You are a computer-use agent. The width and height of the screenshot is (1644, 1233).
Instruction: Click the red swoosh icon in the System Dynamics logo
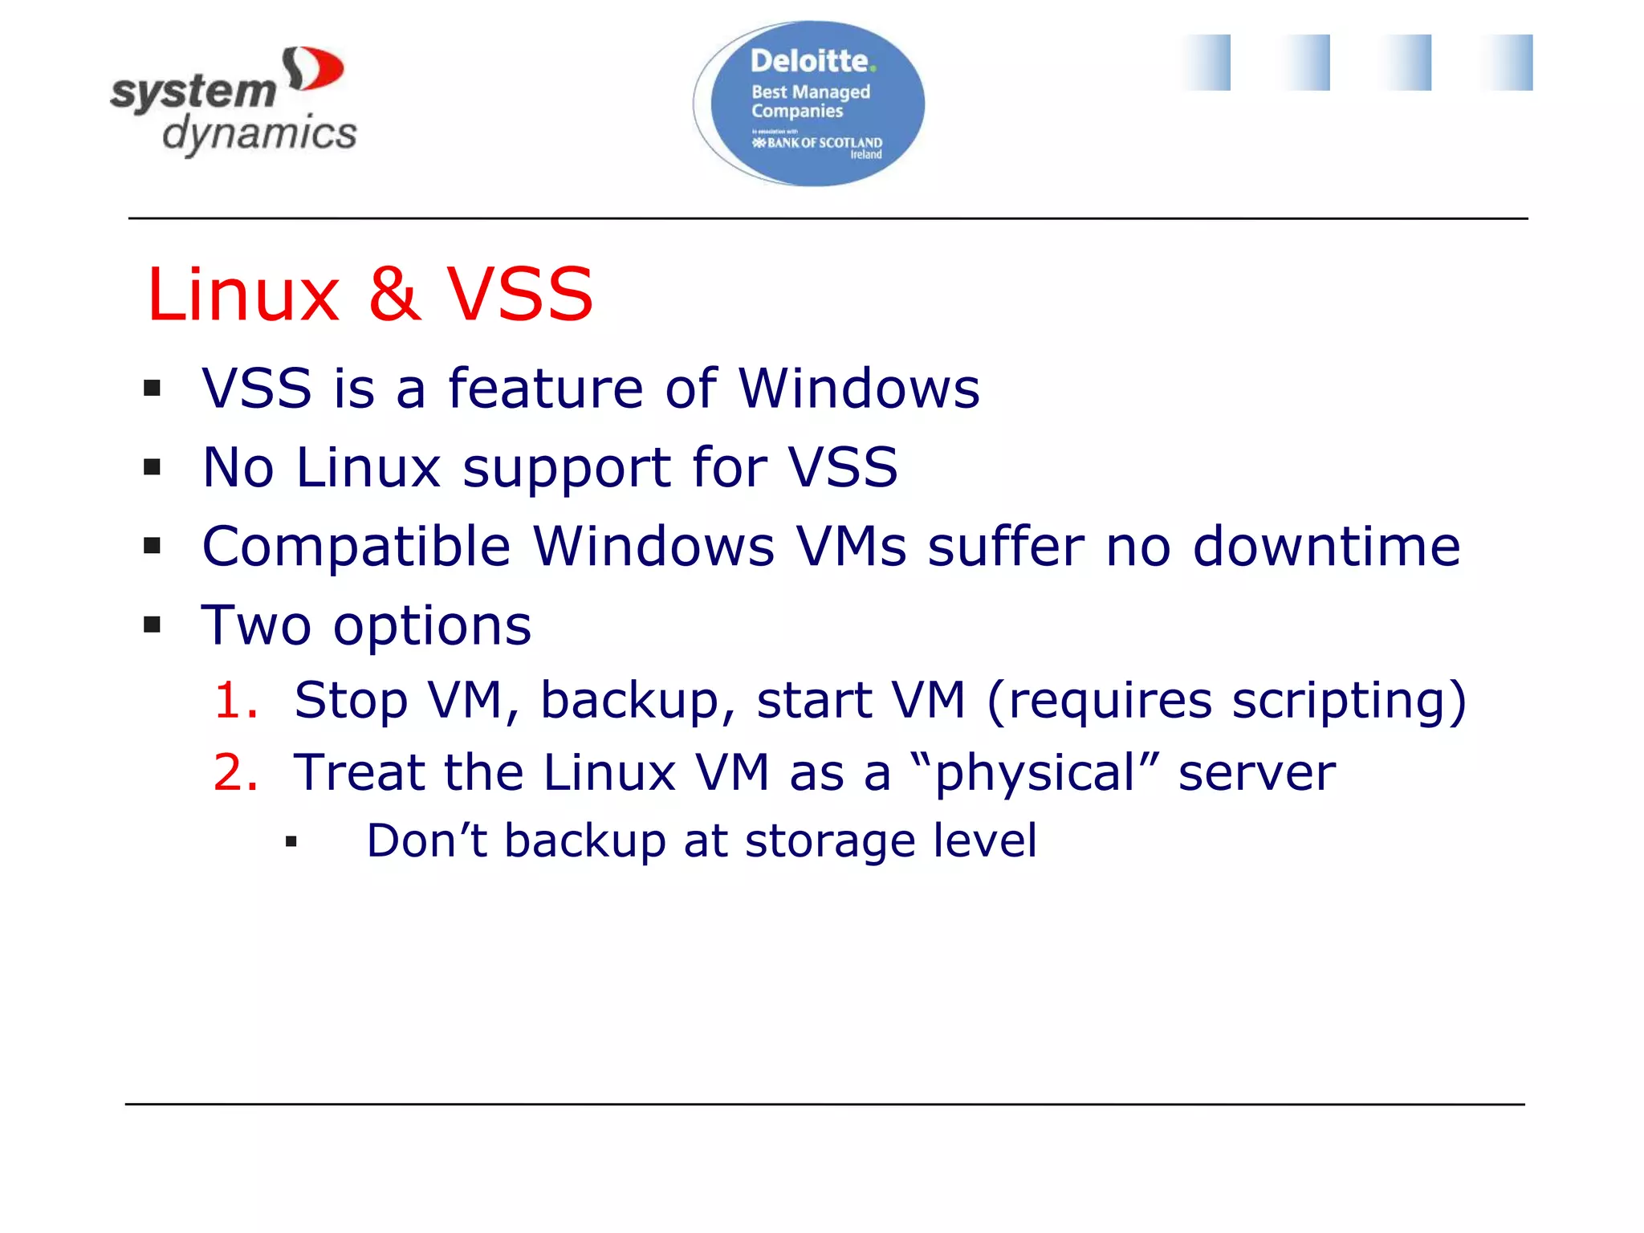pos(315,69)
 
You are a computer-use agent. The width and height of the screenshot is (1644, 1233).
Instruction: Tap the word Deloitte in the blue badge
pos(809,61)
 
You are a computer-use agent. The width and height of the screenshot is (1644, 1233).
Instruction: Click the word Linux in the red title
pos(243,294)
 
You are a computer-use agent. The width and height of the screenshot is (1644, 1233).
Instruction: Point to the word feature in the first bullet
pos(546,389)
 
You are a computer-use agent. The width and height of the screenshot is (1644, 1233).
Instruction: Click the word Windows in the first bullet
pos(858,389)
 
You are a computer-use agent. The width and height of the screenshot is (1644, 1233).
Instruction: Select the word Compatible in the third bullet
pos(356,547)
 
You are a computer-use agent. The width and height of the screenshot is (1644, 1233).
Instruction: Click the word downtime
pos(1326,547)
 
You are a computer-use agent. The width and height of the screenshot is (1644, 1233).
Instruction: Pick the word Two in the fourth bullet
pos(255,625)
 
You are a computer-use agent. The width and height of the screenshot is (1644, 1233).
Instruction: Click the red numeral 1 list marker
pos(235,700)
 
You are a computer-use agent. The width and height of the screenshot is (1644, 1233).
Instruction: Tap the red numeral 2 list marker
pos(235,772)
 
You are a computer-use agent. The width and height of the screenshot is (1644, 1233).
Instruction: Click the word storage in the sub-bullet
pos(829,841)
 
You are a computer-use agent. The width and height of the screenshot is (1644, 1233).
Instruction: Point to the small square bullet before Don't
pos(291,842)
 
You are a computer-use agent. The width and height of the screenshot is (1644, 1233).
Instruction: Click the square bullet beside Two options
pos(153,625)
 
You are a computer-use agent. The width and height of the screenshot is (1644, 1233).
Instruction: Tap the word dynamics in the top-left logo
pos(259,133)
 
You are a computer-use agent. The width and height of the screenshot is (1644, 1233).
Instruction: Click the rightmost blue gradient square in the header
pos(1507,63)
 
